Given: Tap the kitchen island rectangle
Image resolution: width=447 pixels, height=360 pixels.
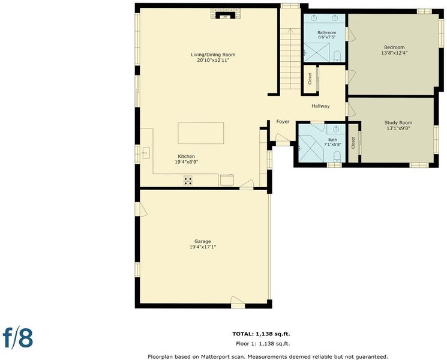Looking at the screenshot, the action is click(200, 133).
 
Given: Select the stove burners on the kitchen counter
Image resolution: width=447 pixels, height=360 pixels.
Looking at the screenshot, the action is click(188, 181).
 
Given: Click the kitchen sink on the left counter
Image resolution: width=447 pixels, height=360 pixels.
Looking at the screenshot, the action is click(146, 153).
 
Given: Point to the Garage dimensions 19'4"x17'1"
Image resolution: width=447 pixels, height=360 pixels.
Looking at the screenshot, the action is click(203, 247).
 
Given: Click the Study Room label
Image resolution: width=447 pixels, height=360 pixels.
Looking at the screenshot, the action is click(398, 123).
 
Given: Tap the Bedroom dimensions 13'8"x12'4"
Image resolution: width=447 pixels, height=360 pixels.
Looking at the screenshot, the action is click(394, 53).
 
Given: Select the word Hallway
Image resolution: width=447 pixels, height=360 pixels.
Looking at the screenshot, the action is click(320, 106).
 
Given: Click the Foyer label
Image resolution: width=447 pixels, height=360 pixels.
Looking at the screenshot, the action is click(283, 122).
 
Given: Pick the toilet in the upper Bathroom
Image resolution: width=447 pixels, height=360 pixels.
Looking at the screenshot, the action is click(337, 56).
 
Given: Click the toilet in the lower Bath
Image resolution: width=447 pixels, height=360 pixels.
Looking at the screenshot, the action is click(337, 157).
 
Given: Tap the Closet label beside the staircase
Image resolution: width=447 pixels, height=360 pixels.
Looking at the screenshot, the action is click(310, 79).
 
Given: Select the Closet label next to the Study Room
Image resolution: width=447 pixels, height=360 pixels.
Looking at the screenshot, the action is click(353, 143).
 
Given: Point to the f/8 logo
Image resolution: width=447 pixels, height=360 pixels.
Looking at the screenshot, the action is click(17, 338).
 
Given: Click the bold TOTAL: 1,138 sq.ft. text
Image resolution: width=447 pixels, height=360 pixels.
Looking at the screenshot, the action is click(261, 334).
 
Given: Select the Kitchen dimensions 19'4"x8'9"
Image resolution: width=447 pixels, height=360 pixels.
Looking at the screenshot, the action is click(187, 162).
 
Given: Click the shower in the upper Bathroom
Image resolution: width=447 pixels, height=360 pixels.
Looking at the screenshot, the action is click(316, 52).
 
